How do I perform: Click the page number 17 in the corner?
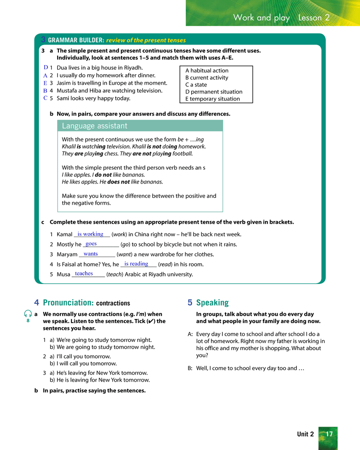click(x=329, y=434)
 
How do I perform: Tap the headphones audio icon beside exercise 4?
click(x=28, y=314)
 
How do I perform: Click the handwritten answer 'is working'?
click(x=90, y=234)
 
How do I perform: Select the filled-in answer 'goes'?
click(x=91, y=243)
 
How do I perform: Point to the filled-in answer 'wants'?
click(x=90, y=254)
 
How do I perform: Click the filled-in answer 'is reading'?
click(x=136, y=264)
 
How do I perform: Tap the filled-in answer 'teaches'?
click(x=84, y=274)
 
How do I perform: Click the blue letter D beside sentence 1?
click(x=46, y=67)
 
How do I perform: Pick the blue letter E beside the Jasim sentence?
click(x=45, y=83)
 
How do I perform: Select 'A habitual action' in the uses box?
click(x=207, y=71)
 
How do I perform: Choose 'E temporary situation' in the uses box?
click(x=212, y=99)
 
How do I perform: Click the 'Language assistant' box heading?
click(x=94, y=126)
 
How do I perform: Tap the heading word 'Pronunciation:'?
click(x=68, y=303)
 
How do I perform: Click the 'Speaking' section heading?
click(x=212, y=303)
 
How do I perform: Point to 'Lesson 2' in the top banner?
click(x=314, y=18)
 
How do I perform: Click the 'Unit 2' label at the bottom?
click(x=306, y=434)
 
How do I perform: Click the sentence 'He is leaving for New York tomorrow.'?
click(x=103, y=380)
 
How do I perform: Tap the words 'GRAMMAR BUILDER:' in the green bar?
click(x=76, y=40)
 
